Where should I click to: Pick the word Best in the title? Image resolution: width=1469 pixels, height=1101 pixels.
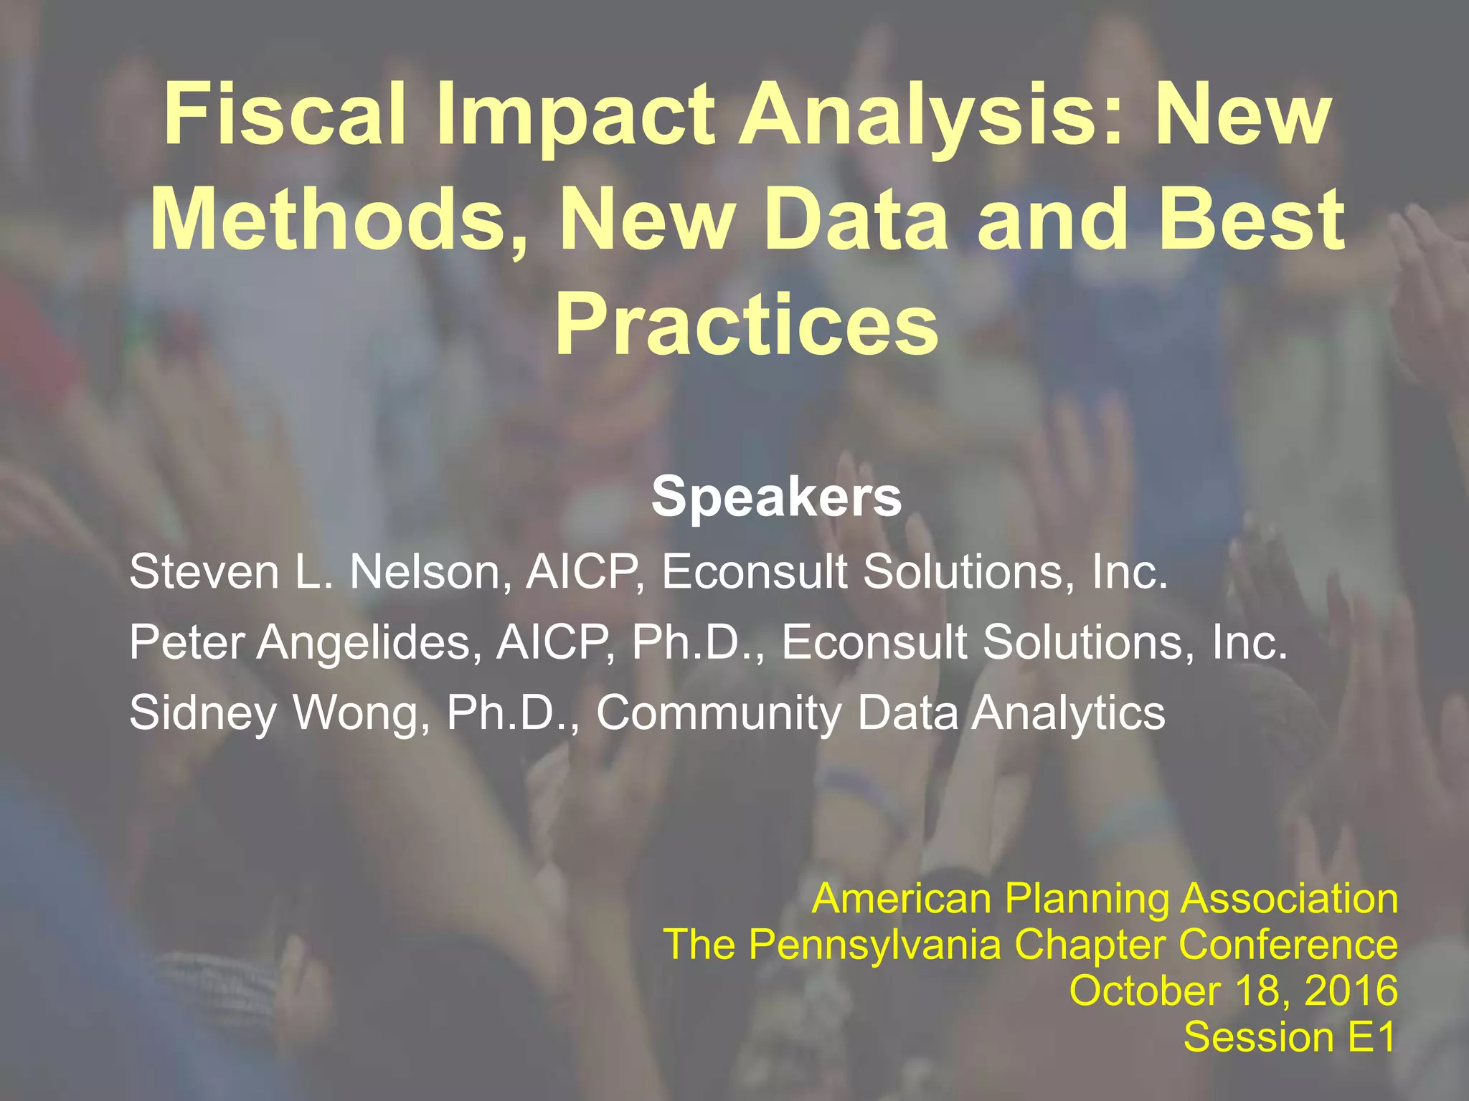[x=1252, y=218]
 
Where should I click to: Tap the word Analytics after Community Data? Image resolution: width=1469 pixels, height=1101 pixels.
[x=1068, y=713]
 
